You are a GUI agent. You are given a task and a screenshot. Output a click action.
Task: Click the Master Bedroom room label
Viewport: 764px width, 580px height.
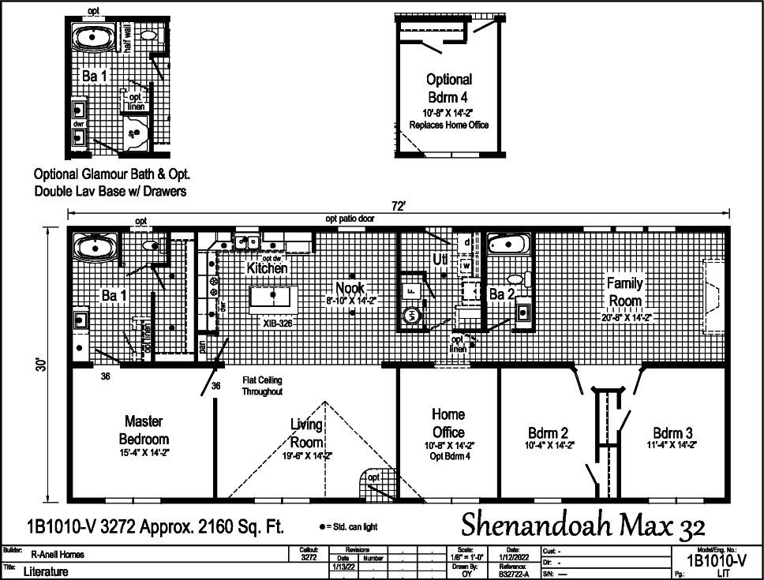coord(144,430)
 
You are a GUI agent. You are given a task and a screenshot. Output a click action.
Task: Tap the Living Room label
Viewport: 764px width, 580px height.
coord(307,434)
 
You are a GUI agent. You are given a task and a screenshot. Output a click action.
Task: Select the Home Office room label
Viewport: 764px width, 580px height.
coord(448,424)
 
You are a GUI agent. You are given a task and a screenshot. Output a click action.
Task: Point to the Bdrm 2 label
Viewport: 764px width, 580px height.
coord(549,433)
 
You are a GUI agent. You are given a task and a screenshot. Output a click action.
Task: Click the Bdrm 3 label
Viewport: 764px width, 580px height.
coord(672,433)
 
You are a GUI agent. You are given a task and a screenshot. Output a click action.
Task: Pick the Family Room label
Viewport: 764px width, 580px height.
coord(624,292)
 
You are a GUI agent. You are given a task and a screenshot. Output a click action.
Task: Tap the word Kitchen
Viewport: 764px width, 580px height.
coord(267,268)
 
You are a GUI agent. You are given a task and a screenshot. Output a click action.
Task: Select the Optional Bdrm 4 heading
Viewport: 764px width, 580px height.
coord(449,88)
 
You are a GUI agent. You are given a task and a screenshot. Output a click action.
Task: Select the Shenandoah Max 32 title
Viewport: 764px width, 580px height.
coord(582,522)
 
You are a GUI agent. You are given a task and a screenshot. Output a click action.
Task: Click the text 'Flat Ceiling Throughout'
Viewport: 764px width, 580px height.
coord(262,386)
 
